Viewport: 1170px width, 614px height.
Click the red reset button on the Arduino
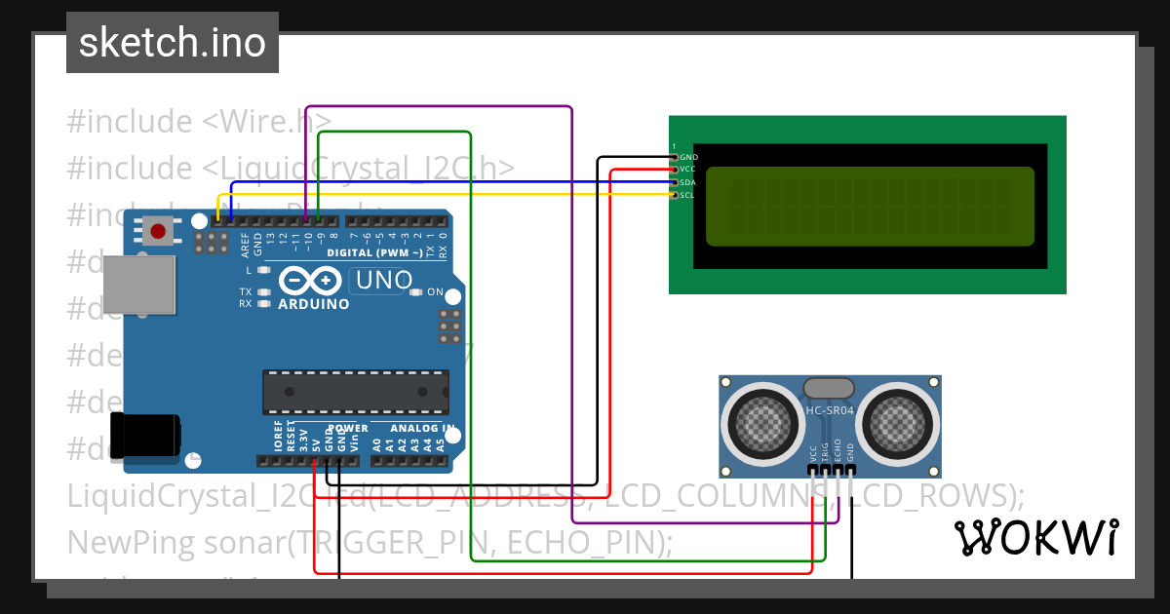click(x=158, y=231)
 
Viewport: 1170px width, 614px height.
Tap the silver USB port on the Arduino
click(x=140, y=286)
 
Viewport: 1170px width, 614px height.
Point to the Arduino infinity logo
click(x=310, y=281)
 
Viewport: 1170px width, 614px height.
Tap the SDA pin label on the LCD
click(x=687, y=182)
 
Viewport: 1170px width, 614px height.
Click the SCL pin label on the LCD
click(x=687, y=195)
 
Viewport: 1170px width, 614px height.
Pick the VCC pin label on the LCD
click(x=687, y=170)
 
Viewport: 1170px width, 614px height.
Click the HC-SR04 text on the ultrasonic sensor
click(x=830, y=410)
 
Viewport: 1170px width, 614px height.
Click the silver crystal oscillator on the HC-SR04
click(x=829, y=388)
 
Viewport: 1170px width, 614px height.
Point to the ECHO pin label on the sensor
click(x=838, y=453)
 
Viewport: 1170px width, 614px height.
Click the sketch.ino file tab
click(x=173, y=43)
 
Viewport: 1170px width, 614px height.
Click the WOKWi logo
click(x=1036, y=537)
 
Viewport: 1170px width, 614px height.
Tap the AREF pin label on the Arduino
click(x=245, y=245)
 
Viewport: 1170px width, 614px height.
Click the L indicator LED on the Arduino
click(x=263, y=269)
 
